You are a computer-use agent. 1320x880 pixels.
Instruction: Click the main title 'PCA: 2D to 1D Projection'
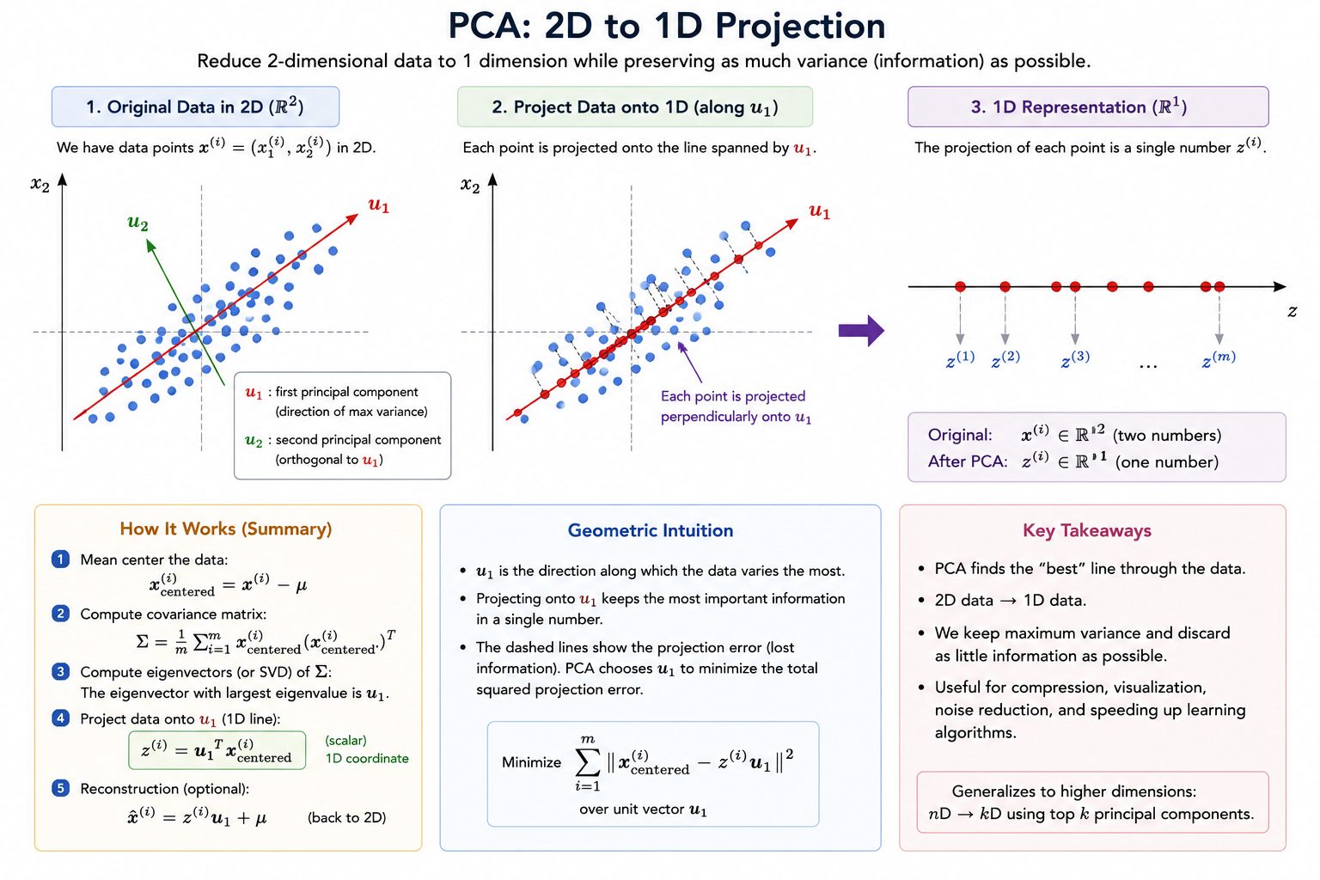point(667,27)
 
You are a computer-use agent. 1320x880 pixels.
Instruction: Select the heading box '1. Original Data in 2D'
point(195,107)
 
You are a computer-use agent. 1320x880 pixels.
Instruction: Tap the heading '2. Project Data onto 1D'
point(635,107)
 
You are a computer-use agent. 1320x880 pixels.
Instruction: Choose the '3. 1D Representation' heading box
point(1088,107)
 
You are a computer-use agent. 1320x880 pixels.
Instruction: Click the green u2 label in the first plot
point(137,223)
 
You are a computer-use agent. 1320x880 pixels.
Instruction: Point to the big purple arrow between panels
point(861,330)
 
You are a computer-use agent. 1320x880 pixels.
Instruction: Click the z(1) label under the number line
point(960,359)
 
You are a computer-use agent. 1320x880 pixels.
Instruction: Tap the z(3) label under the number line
point(1075,359)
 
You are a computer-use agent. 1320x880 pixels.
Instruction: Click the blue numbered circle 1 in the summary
point(60,559)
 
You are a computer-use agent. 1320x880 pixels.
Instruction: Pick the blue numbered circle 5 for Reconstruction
point(60,788)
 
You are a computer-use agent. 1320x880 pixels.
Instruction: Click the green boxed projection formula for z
point(217,750)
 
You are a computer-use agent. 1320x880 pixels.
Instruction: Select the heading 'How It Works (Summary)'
point(226,529)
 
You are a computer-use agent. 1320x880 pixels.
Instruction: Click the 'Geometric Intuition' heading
point(651,530)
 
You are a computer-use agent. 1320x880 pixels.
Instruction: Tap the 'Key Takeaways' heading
point(1086,530)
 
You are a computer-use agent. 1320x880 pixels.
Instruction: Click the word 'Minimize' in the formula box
point(532,762)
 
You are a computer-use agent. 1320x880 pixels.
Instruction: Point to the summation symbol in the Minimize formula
point(588,762)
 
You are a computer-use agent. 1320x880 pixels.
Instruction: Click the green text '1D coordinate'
point(367,759)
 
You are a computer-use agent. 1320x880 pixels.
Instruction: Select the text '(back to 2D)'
point(346,817)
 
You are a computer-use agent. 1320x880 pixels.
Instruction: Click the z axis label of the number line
point(1292,311)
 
